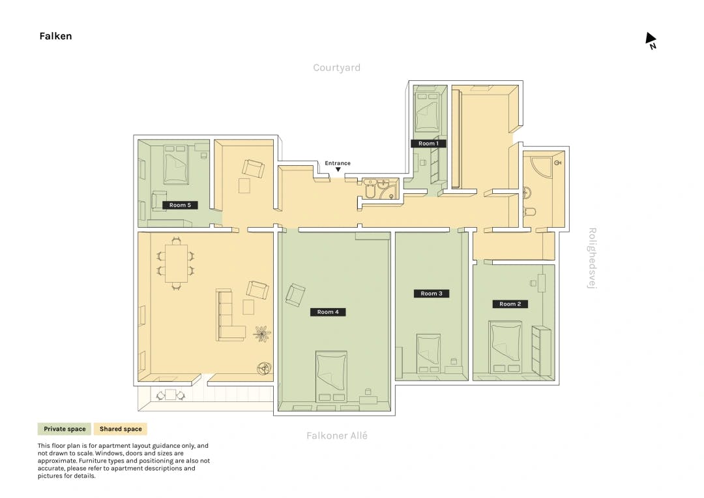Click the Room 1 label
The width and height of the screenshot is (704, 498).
[x=428, y=144]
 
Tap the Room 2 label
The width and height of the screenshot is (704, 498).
[x=510, y=304]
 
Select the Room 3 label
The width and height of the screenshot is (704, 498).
[x=432, y=294]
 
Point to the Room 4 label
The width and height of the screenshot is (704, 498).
[x=328, y=312]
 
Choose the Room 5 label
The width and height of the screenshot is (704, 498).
[x=180, y=205]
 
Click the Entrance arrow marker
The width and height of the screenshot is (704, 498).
[x=338, y=170]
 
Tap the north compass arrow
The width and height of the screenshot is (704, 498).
[x=651, y=38]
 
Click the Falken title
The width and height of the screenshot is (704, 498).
[x=55, y=36]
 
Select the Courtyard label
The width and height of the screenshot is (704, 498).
[x=337, y=68]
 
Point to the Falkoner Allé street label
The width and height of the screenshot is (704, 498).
[x=337, y=435]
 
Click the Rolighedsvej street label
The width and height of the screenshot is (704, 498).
[x=592, y=258]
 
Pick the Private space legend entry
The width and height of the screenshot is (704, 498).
[x=65, y=429]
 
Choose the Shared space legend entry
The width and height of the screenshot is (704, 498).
[x=121, y=429]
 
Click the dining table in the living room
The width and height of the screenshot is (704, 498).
[x=176, y=263]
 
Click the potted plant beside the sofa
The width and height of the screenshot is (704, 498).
[x=262, y=334]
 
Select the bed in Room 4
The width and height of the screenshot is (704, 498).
[x=331, y=376]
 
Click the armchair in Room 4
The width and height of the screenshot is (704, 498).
[x=295, y=295]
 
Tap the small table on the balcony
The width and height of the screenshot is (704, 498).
[x=171, y=395]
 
